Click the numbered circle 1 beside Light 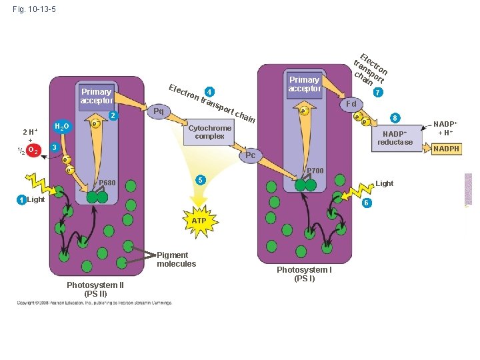point(22,200)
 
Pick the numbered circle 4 point(209,91)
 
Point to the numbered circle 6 point(366,203)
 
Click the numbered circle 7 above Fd point(378,92)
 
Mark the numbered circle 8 point(395,118)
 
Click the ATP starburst point(199,220)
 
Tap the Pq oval point(159,111)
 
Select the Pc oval point(250,155)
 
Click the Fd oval point(351,104)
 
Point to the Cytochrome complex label point(210,132)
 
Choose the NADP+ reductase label point(397,138)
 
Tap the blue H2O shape point(61,127)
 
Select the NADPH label point(446,149)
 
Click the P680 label point(107,183)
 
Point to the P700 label point(315,171)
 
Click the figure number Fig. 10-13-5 point(34,9)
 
